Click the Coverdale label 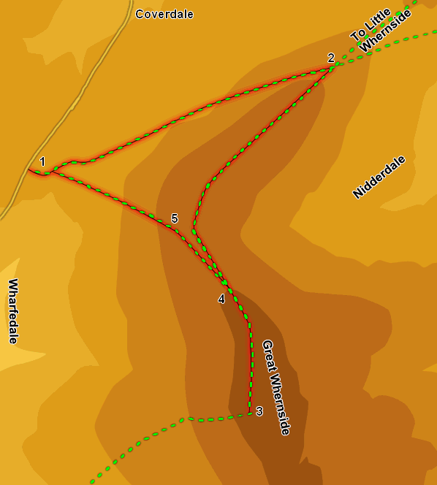click(164, 14)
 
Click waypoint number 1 click(42, 161)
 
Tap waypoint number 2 click(331, 58)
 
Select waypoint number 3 click(259, 410)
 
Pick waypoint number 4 click(221, 298)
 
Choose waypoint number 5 click(175, 218)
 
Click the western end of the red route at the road click(29, 171)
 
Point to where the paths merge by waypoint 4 click(225, 283)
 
